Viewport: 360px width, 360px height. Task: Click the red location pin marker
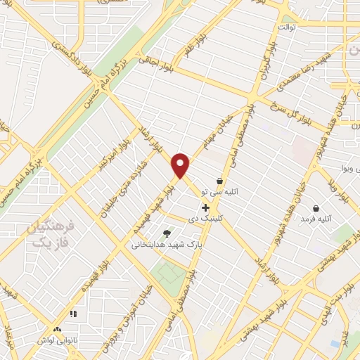coord(181,165)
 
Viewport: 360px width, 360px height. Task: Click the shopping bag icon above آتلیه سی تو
coord(219,181)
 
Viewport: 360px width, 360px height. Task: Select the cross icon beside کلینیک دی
coord(205,207)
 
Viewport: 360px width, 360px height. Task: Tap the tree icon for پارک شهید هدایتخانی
coord(167,233)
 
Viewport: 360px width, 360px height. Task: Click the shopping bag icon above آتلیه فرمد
coord(316,208)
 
